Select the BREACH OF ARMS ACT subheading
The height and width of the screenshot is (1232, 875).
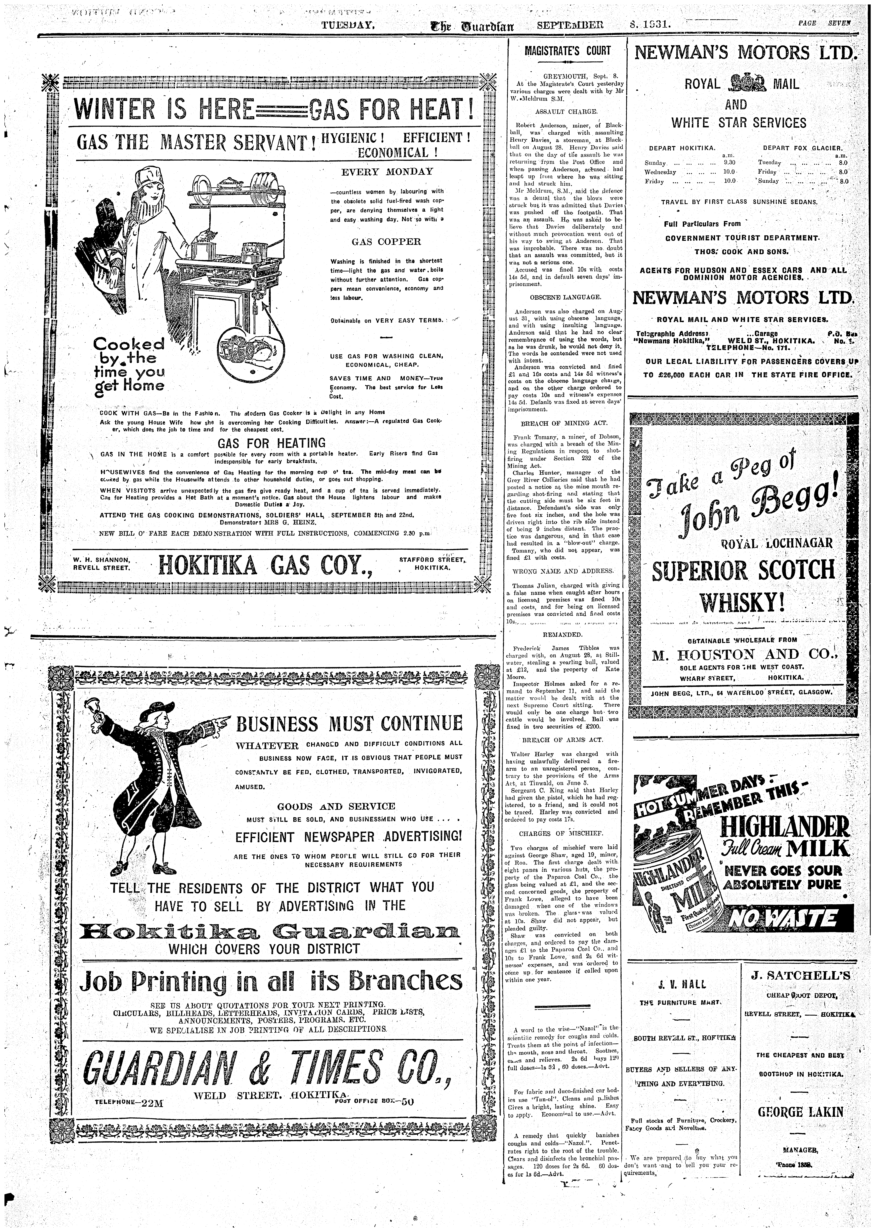(x=562, y=740)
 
